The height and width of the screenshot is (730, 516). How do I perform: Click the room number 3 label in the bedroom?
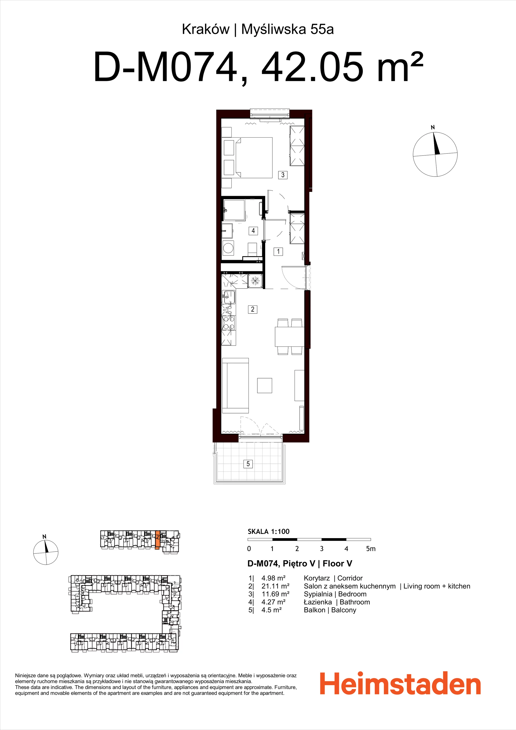point(283,175)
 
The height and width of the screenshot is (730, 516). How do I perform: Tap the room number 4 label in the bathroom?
point(253,231)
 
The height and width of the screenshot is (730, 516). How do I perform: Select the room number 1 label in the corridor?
point(278,251)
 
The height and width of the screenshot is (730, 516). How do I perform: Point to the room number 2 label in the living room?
point(253,309)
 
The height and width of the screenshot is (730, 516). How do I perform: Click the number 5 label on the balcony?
point(248,464)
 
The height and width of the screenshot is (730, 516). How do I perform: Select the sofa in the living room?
point(236,385)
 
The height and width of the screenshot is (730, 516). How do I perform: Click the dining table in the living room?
point(290,337)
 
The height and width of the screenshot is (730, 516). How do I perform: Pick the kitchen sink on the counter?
point(228,297)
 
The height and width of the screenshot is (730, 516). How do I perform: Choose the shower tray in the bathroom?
point(234,210)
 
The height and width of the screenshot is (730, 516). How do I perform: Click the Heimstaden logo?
point(400,683)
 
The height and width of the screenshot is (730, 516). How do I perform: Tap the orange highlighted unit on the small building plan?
point(157,540)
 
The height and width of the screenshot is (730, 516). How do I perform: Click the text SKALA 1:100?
point(269,531)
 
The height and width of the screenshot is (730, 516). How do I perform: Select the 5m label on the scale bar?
point(371,549)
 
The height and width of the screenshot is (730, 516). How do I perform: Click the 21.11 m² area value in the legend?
point(275,586)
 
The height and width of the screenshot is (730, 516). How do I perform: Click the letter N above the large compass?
point(433,127)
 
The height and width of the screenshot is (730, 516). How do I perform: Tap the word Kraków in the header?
point(205,29)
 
